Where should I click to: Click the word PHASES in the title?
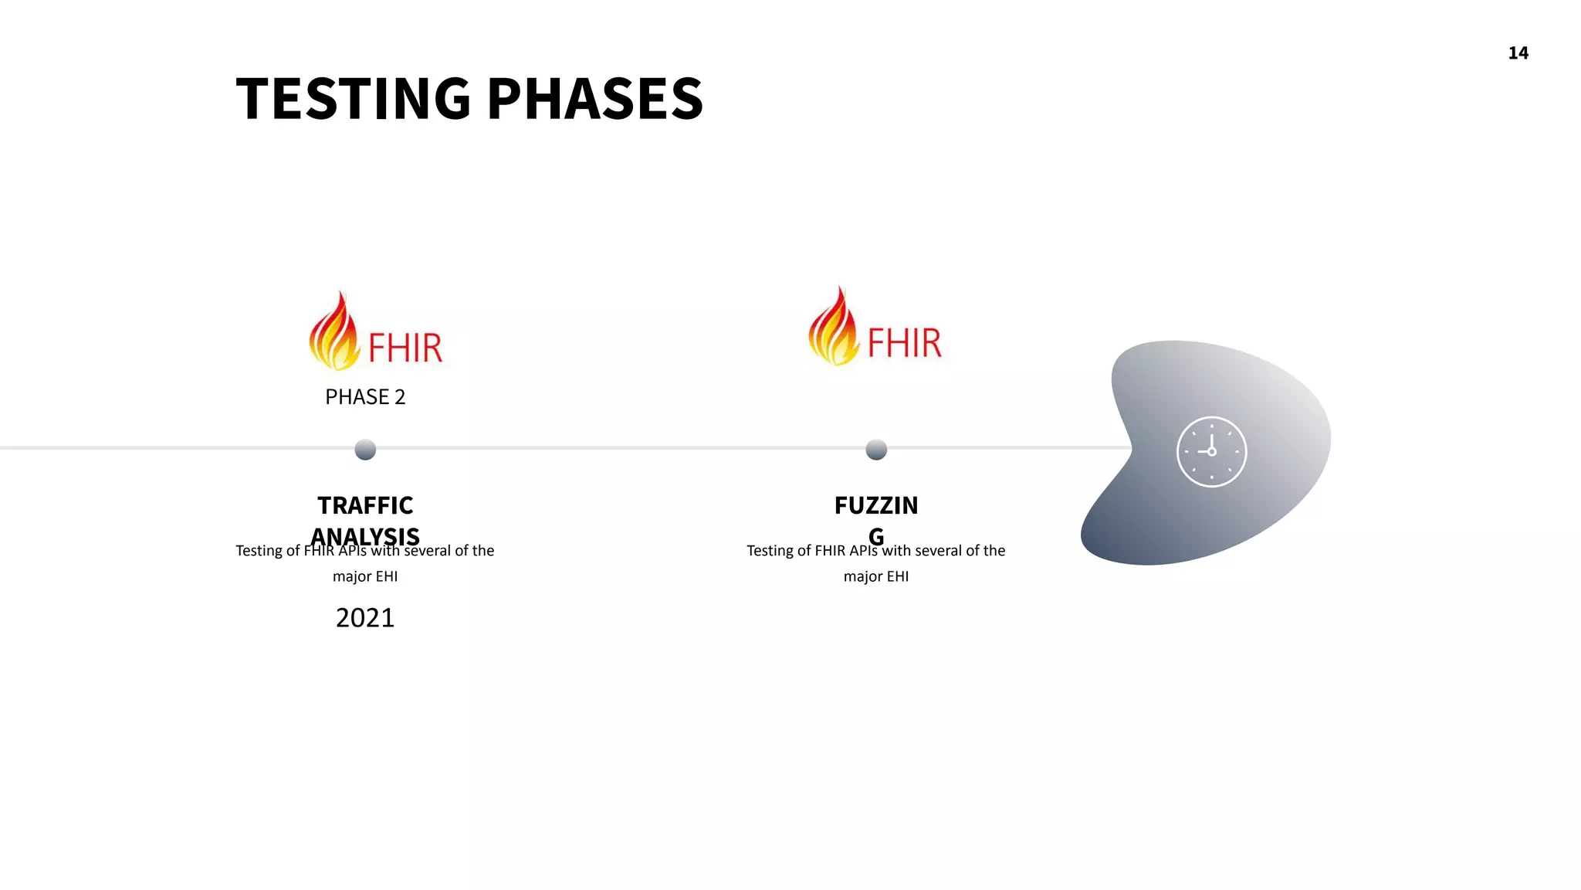coord(595,99)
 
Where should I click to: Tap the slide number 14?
coord(1518,53)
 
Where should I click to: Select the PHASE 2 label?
coord(364,397)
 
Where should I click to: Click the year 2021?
coord(364,618)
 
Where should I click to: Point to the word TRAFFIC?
coord(365,505)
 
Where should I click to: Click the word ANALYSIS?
coord(365,535)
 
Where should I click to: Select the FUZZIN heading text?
coord(875,505)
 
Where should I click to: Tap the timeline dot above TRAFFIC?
coord(365,449)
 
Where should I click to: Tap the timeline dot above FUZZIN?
coord(876,449)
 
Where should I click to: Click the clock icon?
coord(1211,452)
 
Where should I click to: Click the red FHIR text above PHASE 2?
coord(405,348)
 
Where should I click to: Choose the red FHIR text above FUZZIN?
coord(904,343)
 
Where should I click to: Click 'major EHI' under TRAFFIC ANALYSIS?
coord(364,576)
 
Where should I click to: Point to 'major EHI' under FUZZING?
coord(875,576)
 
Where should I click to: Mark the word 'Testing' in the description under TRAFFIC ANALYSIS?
coord(259,551)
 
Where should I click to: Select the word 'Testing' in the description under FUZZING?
coord(770,551)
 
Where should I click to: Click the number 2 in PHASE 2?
coord(399,397)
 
